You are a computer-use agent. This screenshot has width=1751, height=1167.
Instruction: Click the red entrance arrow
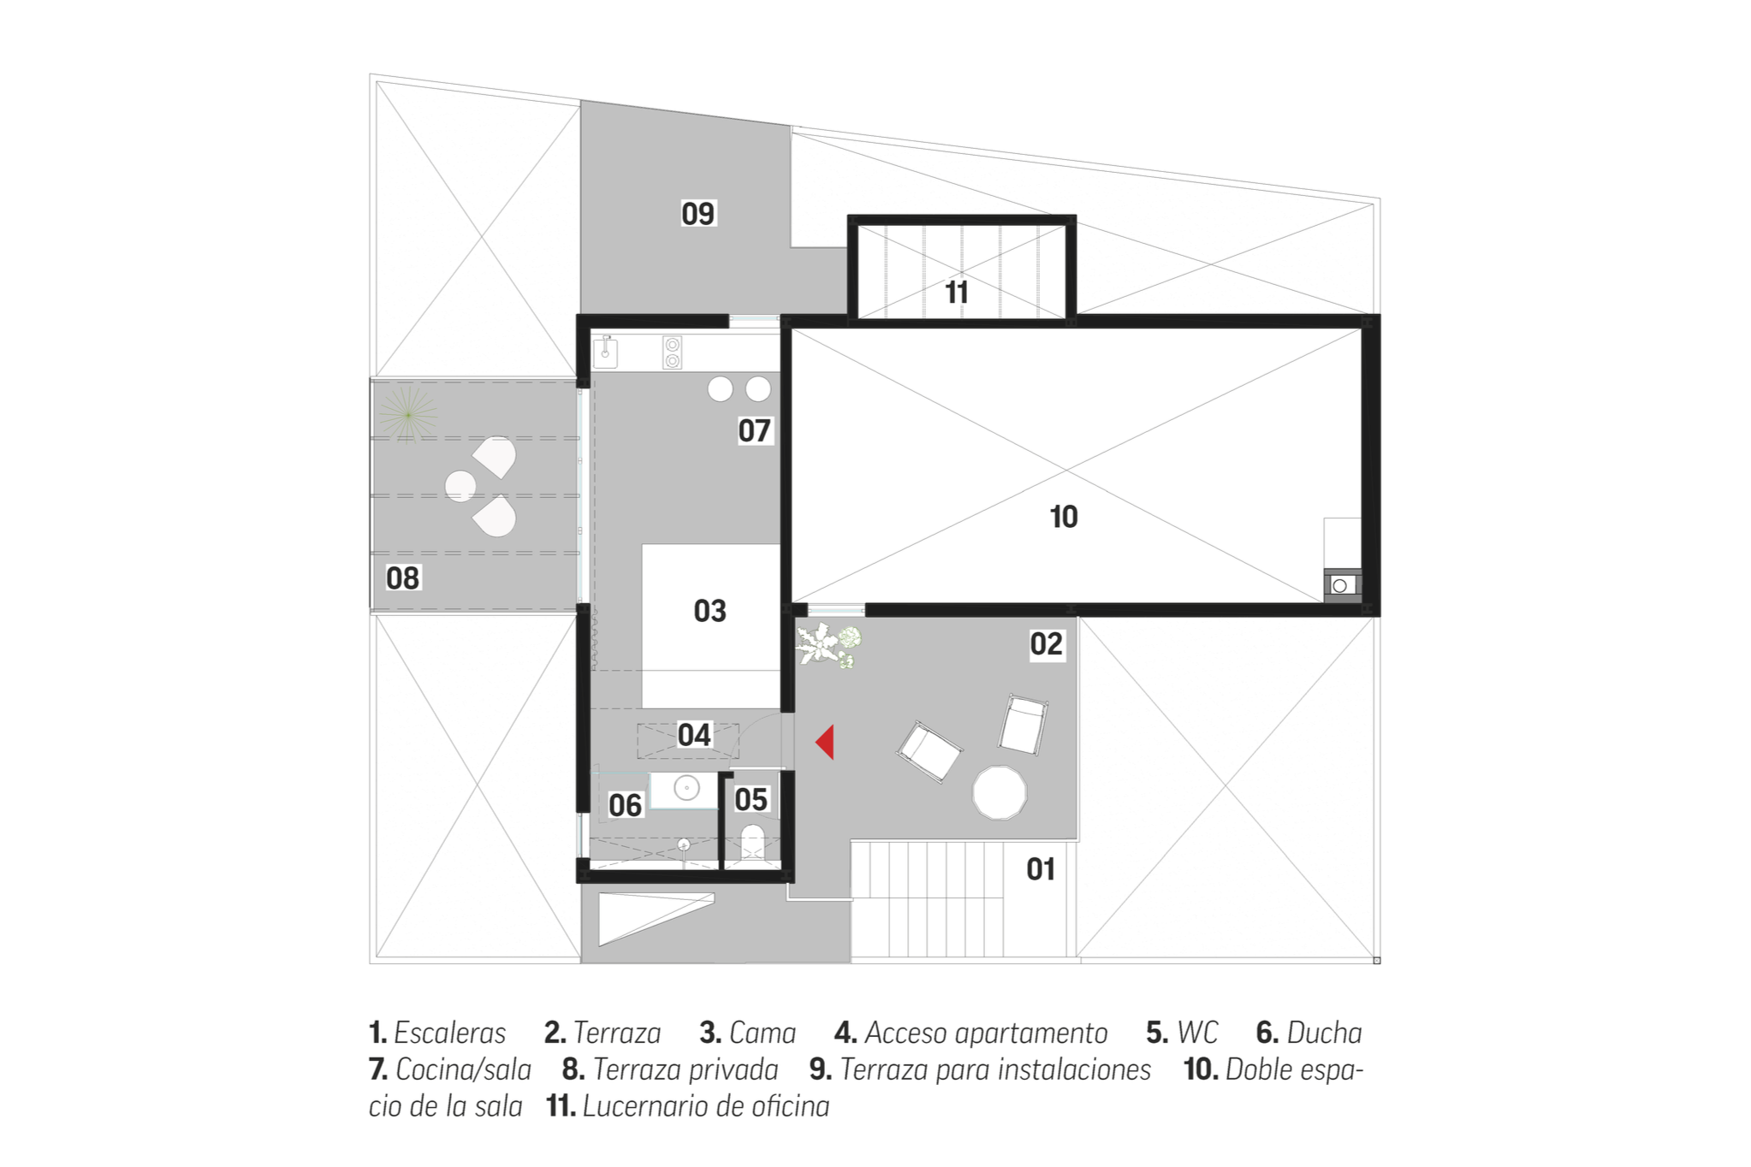827,742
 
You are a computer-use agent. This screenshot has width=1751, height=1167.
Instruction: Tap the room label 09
697,213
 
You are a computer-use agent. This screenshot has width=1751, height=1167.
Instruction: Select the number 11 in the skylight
957,293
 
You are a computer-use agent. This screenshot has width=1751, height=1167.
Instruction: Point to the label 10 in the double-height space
1064,517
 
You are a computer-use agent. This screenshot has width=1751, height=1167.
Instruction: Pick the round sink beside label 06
686,788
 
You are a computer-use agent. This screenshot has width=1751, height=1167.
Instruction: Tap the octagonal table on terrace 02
1000,792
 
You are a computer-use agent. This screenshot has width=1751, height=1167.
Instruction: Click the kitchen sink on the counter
605,351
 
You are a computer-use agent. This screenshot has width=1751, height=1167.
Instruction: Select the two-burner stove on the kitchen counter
673,352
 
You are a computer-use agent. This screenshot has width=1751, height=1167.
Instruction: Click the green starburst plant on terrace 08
408,415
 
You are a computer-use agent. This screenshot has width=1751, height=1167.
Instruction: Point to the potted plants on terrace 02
828,645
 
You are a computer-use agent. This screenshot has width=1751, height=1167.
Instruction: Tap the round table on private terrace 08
460,486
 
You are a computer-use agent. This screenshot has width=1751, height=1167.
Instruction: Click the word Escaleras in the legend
450,1034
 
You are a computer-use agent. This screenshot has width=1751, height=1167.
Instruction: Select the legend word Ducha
1325,1034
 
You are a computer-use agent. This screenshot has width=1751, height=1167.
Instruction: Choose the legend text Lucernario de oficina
706,1106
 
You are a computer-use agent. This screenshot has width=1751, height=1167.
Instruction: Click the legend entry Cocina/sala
464,1070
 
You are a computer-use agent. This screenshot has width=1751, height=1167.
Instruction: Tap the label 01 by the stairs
1041,869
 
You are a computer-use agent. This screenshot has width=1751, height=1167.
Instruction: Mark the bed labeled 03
711,625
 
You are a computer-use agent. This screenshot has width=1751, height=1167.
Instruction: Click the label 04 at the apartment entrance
694,735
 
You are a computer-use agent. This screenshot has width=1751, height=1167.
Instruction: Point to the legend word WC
1197,1034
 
